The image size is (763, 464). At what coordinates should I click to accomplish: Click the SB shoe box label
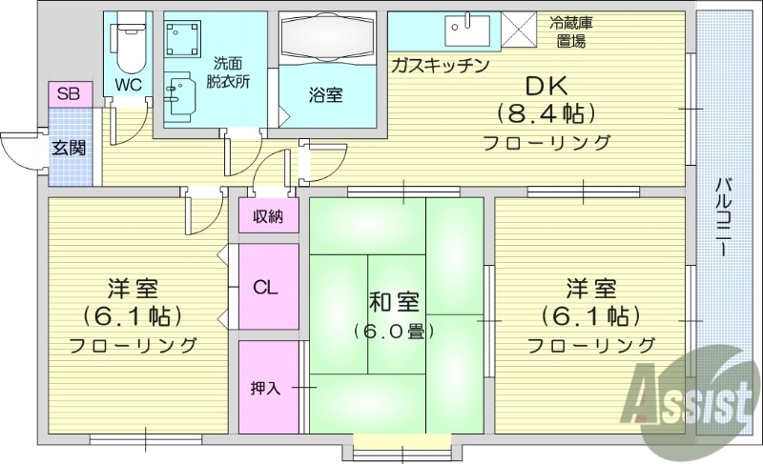tap(68, 93)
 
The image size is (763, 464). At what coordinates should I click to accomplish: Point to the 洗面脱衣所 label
tap(229, 73)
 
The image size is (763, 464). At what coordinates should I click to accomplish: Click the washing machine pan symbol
tap(186, 39)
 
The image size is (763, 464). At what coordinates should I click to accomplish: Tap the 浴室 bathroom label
tap(325, 94)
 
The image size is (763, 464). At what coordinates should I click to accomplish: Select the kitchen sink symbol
tap(467, 31)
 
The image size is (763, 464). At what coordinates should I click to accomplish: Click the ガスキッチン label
tap(440, 65)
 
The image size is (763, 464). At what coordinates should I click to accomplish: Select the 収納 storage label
tap(268, 216)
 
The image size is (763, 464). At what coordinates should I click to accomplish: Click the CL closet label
tap(266, 287)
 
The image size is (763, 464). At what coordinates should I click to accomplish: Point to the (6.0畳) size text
tap(394, 332)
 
